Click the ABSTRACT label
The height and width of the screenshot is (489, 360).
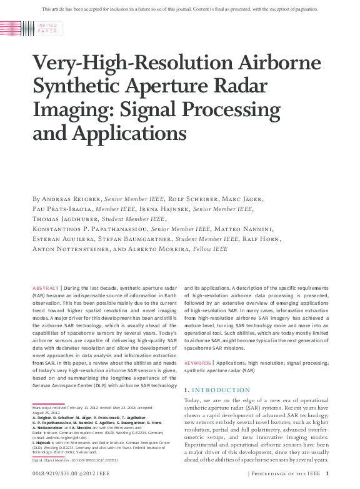coord(45,288)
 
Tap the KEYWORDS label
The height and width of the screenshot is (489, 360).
coord(197,362)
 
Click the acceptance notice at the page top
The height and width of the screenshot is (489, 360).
coord(180,9)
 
